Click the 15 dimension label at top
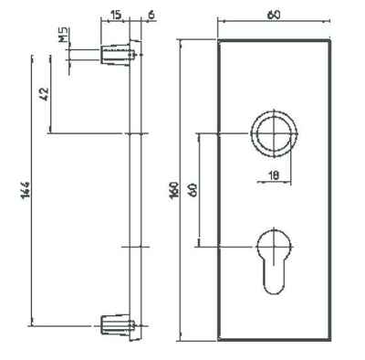tap(116, 15)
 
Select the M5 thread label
tap(64, 35)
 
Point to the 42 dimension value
tap(45, 94)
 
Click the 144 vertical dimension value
tap(26, 189)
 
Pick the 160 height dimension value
tap(173, 190)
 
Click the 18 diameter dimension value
tap(274, 175)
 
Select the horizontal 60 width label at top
tap(274, 15)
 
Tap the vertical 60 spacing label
tap(193, 190)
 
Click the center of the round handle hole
tap(274, 133)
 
